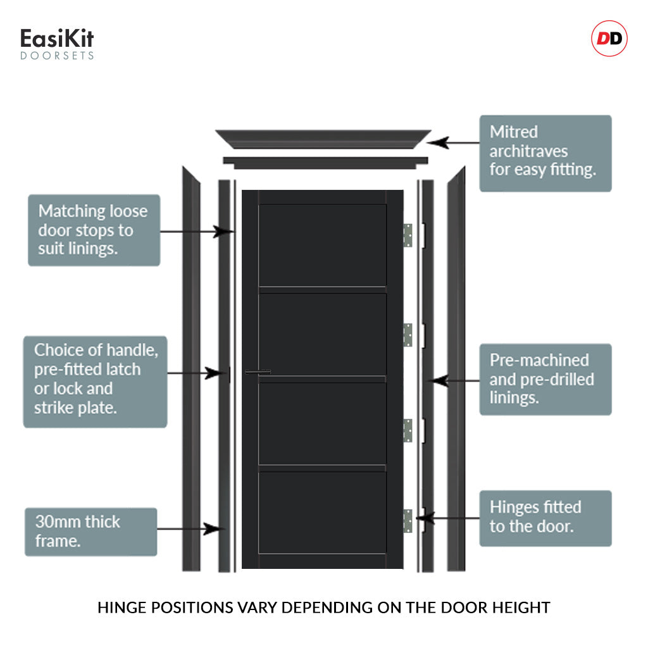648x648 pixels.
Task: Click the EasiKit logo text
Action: point(57,40)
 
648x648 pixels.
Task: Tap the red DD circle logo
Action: point(609,39)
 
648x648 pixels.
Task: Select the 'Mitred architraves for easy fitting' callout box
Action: point(545,153)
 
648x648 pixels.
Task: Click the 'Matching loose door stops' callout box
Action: point(94,230)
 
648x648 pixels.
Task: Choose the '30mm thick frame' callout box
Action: point(90,532)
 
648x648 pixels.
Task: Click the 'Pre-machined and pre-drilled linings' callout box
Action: point(545,379)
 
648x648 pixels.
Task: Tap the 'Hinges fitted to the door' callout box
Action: point(545,518)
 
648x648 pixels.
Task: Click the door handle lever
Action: point(258,372)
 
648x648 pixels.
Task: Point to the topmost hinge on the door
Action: point(408,235)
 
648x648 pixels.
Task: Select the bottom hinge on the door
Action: point(408,520)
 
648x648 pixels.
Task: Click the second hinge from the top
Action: point(408,335)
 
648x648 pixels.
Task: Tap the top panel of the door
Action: point(322,245)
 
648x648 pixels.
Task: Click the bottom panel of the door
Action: point(322,513)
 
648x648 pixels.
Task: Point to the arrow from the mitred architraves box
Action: point(456,142)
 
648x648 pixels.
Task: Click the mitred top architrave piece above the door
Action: point(323,138)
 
